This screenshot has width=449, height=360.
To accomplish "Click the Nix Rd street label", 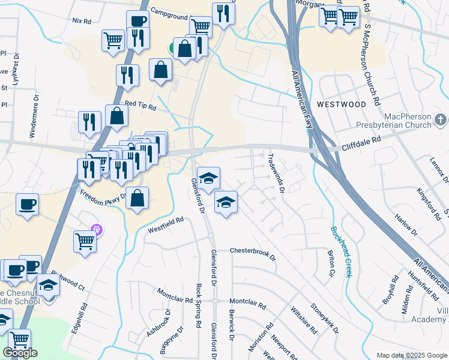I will pos(82,20).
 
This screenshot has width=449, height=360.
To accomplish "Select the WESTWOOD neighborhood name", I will pos(341,104).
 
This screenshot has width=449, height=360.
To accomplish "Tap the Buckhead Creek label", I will pos(339,251).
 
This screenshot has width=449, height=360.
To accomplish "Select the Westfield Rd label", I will pos(166,224).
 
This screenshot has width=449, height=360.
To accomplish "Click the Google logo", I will pos(20,353).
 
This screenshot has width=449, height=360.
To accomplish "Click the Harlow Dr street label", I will pos(405,223).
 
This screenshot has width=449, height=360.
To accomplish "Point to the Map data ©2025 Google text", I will pos(411,355).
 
